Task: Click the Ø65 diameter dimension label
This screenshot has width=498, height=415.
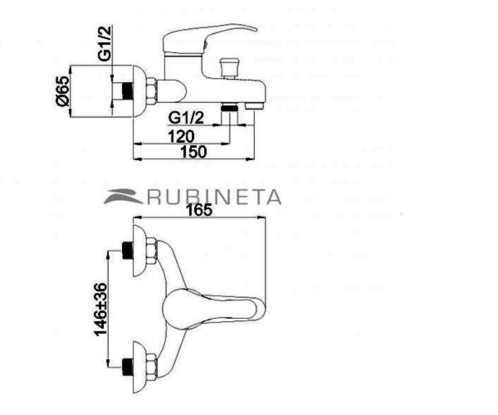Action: (x=63, y=91)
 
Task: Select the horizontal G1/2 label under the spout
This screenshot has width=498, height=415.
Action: (x=186, y=118)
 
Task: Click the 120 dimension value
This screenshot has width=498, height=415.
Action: (x=181, y=137)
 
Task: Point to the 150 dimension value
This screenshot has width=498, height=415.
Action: (x=193, y=152)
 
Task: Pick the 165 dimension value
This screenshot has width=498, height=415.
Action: (x=199, y=210)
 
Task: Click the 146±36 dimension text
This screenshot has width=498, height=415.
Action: (x=100, y=309)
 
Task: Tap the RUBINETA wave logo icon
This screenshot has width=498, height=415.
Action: (x=124, y=197)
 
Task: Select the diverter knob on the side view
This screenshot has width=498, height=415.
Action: (x=229, y=68)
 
